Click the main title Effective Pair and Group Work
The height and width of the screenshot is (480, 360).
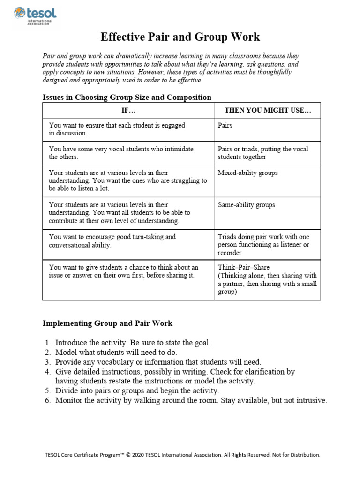click(180, 37)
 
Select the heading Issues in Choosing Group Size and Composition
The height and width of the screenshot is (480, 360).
click(127, 97)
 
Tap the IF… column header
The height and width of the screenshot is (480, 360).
click(128, 111)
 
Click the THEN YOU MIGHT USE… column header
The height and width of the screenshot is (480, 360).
click(268, 111)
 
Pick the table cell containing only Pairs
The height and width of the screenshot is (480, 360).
click(225, 126)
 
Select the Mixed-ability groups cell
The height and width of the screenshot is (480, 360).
click(247, 172)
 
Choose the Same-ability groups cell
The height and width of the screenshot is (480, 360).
click(246, 205)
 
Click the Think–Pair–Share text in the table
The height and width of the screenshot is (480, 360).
click(244, 267)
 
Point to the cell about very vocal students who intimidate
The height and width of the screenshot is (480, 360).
click(121, 153)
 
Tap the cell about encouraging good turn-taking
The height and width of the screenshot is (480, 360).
click(112, 240)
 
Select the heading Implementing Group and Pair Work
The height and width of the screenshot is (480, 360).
click(107, 323)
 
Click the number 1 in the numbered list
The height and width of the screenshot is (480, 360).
click(47, 343)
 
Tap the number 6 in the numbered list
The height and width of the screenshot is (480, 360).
click(47, 400)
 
